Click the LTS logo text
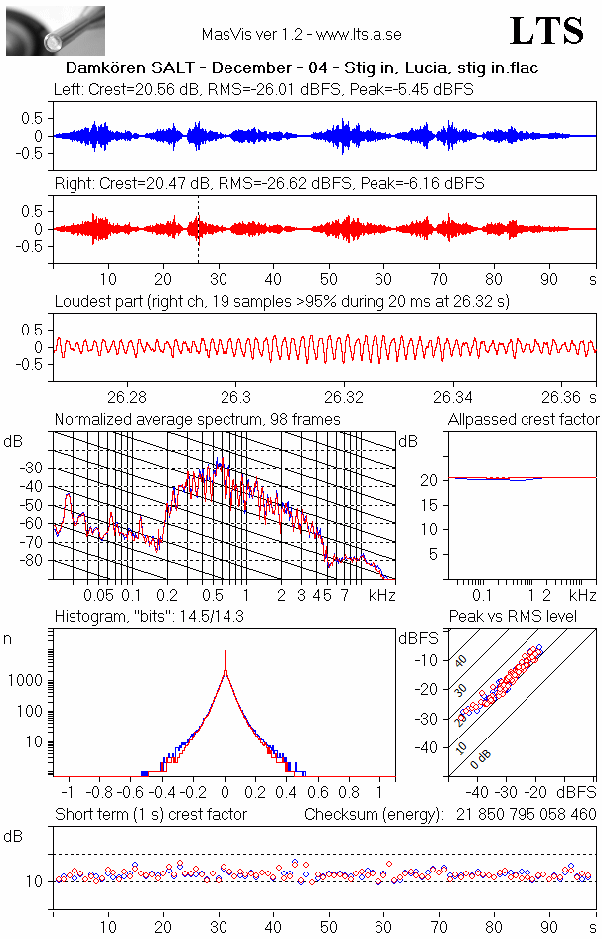point(546,31)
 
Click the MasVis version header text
point(301,34)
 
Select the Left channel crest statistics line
point(263,89)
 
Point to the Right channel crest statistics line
point(268,184)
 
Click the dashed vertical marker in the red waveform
point(198,228)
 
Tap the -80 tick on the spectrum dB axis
point(35,561)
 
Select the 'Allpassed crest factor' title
point(524,420)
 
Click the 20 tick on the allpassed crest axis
point(431,480)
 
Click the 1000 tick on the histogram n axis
point(27,681)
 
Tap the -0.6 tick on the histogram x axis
point(130,793)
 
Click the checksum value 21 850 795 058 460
point(527,814)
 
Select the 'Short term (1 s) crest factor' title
point(150,814)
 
